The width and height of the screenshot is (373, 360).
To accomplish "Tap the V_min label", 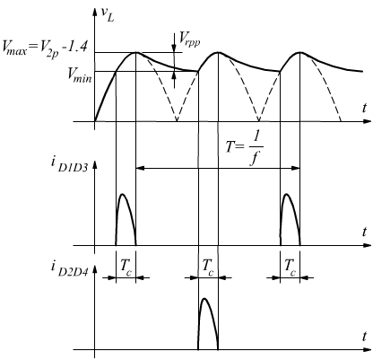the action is [x=80, y=75].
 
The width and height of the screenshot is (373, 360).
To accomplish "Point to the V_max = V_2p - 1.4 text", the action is [x=45, y=48].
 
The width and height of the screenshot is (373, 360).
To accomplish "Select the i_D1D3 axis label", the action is [x=69, y=165].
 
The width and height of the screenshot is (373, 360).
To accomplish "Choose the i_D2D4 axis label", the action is [x=69, y=268].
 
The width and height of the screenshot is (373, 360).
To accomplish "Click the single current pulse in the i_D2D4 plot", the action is [x=207, y=324].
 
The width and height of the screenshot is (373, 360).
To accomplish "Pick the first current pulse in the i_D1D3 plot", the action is [x=126, y=219].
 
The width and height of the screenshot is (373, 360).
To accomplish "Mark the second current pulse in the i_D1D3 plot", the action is [x=290, y=219].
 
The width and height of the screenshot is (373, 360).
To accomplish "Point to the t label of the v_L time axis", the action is [x=364, y=108].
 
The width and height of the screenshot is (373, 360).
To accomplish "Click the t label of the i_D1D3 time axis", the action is [x=364, y=232].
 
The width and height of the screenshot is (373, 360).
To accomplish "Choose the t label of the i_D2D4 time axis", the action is [x=364, y=336].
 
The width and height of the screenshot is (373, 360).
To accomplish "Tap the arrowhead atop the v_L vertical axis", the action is [x=95, y=12].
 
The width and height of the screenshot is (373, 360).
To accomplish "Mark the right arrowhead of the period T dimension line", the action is [x=296, y=168].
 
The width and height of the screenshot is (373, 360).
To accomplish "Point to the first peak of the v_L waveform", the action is [x=136, y=53].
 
